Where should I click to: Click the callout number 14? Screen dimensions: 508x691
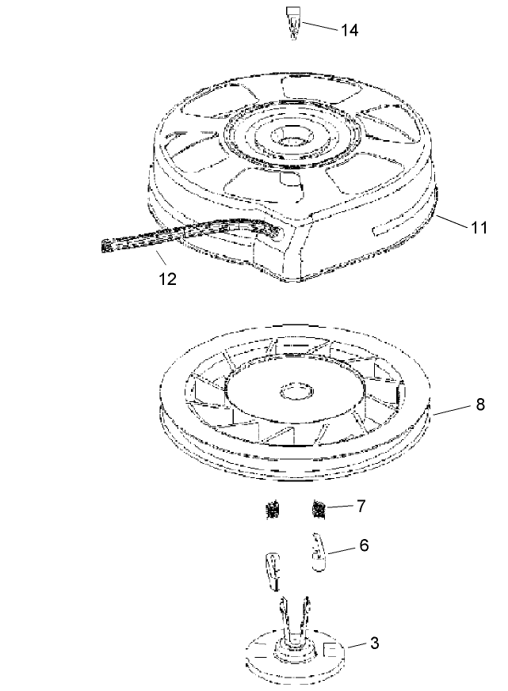click(x=349, y=30)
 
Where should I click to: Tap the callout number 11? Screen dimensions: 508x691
click(x=479, y=227)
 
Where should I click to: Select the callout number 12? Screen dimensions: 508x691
click(x=168, y=279)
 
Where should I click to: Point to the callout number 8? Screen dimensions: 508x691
click(x=480, y=404)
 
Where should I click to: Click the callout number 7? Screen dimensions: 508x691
click(x=361, y=506)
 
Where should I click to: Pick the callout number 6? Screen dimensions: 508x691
click(x=364, y=545)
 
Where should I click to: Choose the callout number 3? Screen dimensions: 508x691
click(x=374, y=643)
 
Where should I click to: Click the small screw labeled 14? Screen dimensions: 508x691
click(x=292, y=22)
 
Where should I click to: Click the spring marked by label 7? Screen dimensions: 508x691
click(x=319, y=510)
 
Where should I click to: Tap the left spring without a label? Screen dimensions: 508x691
click(x=273, y=511)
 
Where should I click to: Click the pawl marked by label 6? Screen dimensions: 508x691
click(x=319, y=552)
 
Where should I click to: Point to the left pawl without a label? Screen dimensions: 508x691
click(x=273, y=570)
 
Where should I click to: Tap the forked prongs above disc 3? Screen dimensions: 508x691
click(x=294, y=617)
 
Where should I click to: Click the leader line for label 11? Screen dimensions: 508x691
click(x=452, y=221)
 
